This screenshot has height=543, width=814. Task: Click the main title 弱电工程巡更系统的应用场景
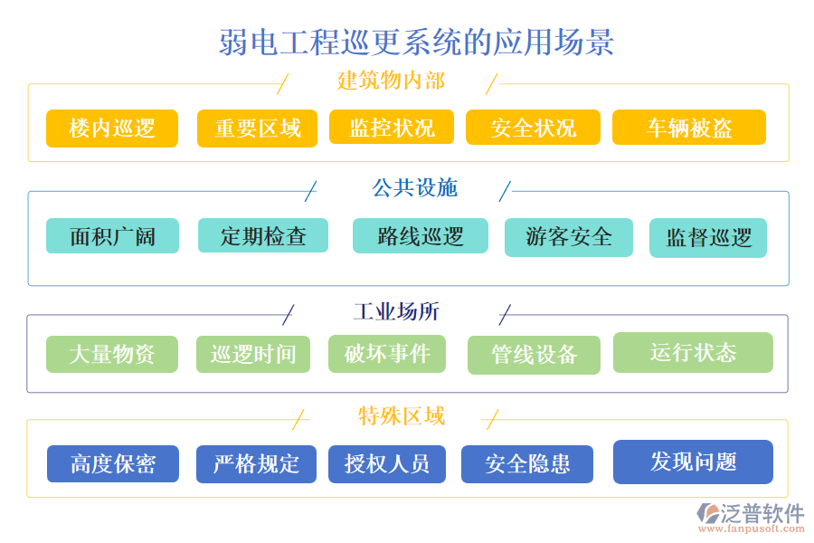(x=417, y=42)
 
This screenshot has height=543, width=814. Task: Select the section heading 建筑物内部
(x=391, y=81)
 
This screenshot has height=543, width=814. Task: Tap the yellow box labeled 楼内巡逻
(x=112, y=128)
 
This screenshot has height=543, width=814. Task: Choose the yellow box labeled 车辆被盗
(x=688, y=128)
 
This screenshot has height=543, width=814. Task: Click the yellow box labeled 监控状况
(x=392, y=128)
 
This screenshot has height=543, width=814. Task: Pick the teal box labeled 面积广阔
(x=112, y=236)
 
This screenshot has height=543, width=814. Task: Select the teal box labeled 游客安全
(x=568, y=237)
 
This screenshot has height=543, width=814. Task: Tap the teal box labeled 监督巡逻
(x=708, y=238)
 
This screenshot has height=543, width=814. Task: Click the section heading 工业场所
(x=396, y=312)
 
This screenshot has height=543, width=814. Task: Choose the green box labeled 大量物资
(x=112, y=354)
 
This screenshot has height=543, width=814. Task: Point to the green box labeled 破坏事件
(x=387, y=354)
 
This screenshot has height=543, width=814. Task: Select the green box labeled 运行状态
(x=693, y=352)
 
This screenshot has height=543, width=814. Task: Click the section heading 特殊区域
(x=402, y=416)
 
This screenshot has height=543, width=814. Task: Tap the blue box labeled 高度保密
(x=113, y=464)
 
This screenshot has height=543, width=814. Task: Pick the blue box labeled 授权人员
(x=387, y=464)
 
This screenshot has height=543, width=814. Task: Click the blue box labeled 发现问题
(x=693, y=462)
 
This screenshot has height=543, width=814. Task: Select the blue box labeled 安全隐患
(x=527, y=464)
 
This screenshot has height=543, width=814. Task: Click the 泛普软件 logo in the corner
(x=750, y=517)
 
